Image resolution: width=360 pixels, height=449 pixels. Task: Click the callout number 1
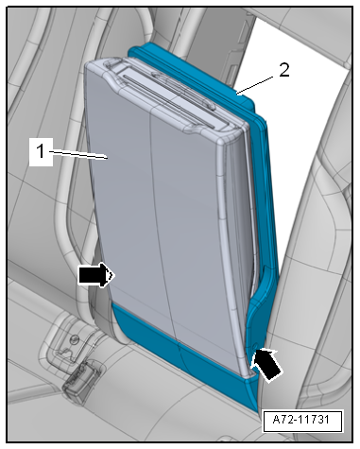(41, 151)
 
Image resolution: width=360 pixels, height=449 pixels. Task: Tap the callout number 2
(283, 70)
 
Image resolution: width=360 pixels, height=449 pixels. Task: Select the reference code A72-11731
(301, 420)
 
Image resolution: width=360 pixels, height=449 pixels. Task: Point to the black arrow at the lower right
(266, 364)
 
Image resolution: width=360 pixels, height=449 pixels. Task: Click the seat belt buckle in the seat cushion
(81, 381)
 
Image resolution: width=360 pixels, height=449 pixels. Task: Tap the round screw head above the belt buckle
(74, 339)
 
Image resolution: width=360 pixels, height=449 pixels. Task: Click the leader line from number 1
(78, 155)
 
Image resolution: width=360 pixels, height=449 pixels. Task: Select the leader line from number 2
(258, 84)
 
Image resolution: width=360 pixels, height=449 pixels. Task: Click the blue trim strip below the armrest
(182, 353)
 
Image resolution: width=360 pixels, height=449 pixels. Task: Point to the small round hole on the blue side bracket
(255, 346)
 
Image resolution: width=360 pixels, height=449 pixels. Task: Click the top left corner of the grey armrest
(86, 64)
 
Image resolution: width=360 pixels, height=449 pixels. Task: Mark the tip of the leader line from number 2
(237, 94)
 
